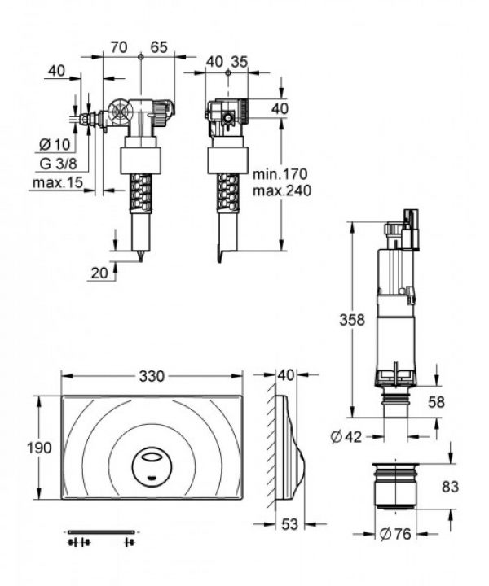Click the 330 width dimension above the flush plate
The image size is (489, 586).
click(152, 376)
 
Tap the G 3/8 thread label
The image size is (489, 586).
click(57, 163)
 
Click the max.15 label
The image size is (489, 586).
click(57, 182)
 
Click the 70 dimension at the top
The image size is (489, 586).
click(119, 47)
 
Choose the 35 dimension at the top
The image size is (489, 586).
click(239, 61)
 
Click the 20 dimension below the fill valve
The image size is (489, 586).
click(99, 273)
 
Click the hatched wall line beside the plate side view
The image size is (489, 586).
click(271, 448)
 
